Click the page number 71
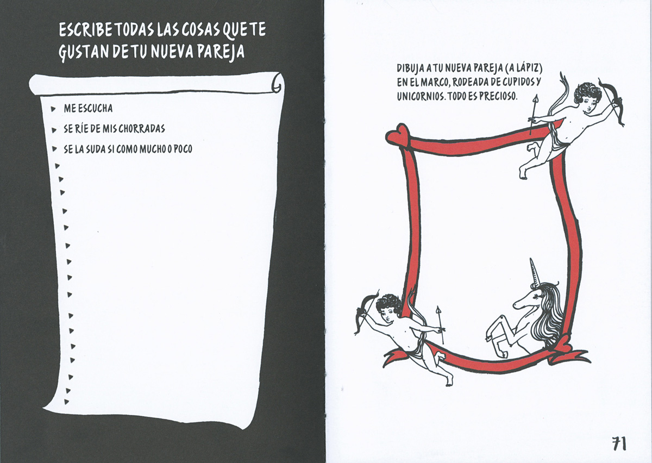point(618,443)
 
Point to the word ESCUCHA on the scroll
point(96,108)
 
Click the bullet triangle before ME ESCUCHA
point(53,109)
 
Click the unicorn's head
point(528,300)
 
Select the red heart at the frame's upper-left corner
point(398,134)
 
